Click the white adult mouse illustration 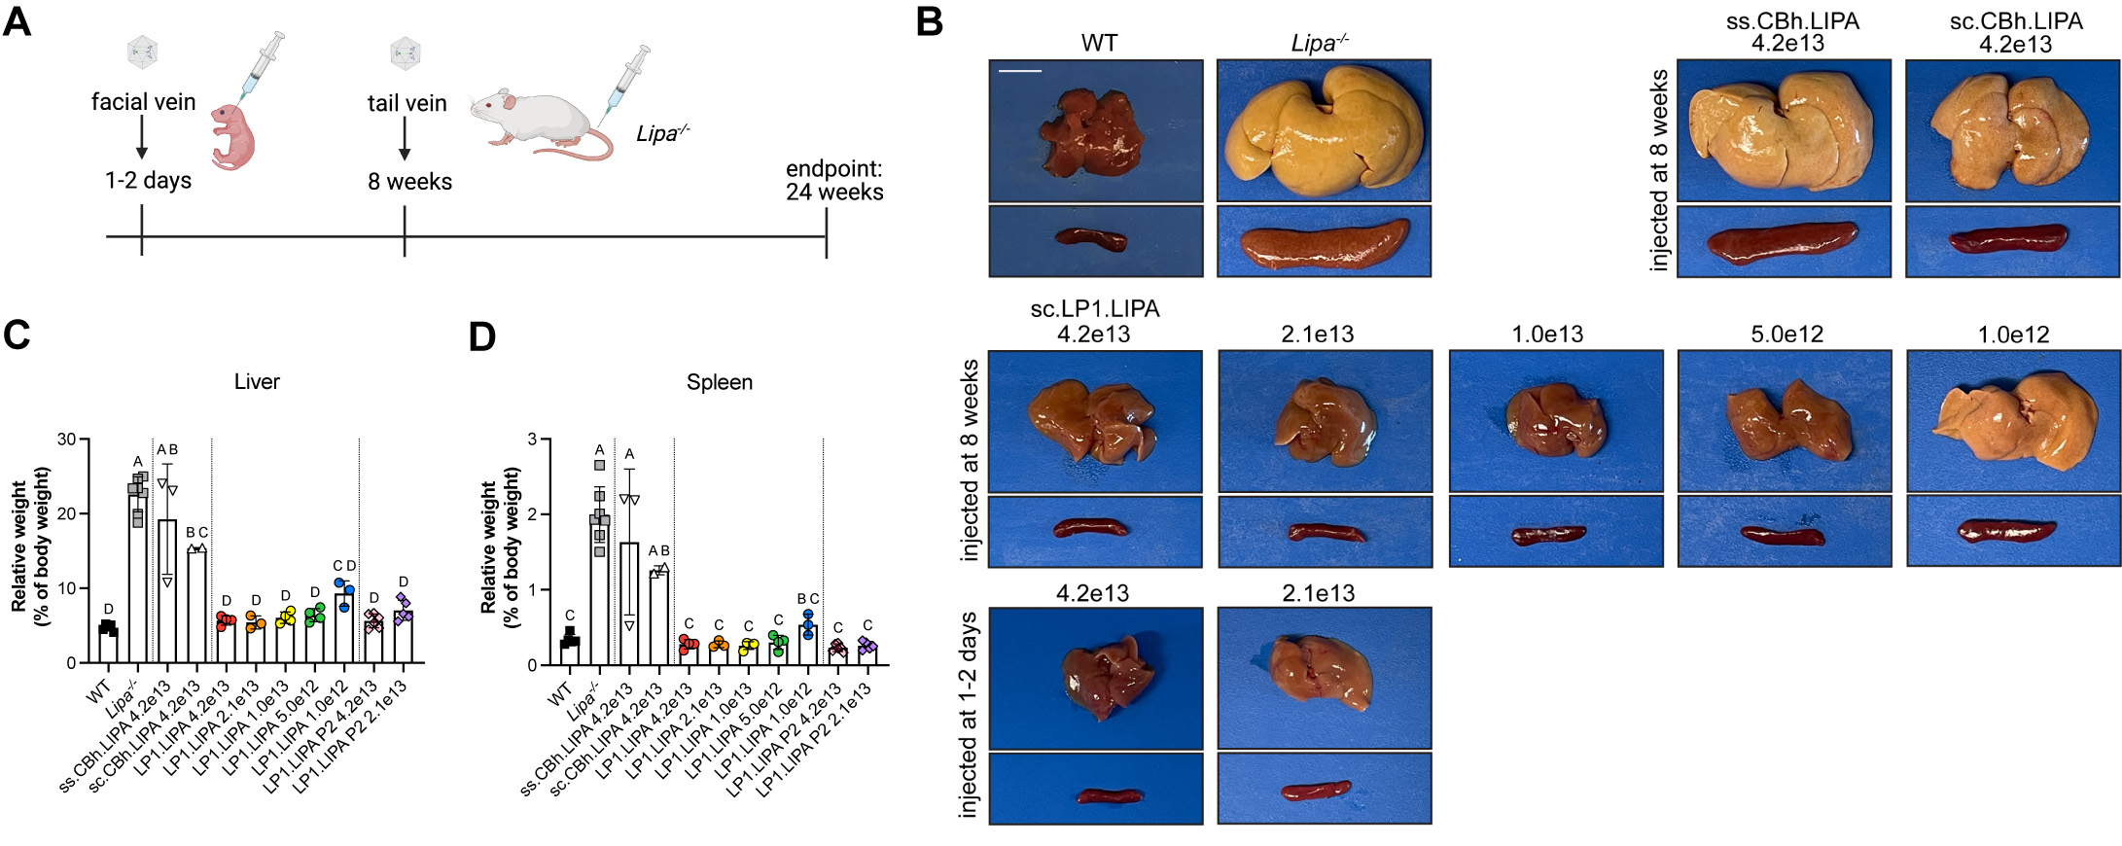540,121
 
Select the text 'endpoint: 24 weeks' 833,181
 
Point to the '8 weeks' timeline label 409,182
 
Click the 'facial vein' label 143,102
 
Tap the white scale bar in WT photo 1019,71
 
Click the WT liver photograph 1095,130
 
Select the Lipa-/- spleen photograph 1324,242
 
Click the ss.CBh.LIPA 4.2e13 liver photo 1784,130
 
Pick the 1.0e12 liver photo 2013,421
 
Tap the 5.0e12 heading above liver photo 1786,335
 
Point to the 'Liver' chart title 257,382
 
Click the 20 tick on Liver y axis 67,513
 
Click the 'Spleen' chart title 719,382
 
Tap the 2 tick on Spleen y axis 532,514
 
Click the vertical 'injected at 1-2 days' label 969,716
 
